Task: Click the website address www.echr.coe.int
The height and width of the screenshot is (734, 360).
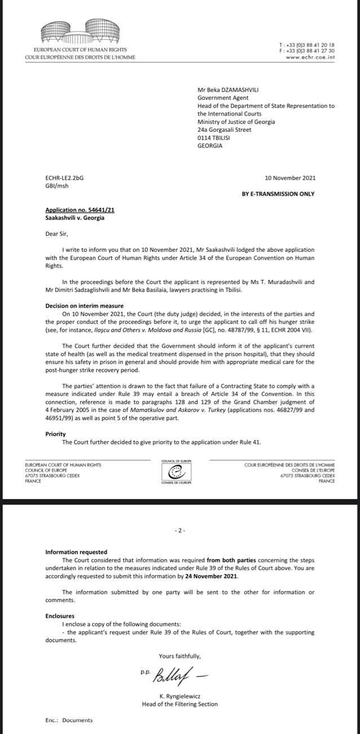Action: coord(310,57)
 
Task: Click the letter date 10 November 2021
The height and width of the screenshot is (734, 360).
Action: coord(290,178)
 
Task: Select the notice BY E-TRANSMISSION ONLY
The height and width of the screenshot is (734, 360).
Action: coord(278,194)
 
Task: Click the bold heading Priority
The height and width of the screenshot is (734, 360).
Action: coord(56,434)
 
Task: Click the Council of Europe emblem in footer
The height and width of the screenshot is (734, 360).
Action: coord(177,472)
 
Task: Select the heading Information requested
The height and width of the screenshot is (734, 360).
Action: coord(76,552)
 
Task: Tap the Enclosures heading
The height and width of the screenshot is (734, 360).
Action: coord(60,616)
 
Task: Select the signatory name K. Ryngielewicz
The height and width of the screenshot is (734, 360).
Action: coord(179,696)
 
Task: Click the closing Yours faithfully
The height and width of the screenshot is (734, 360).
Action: coord(179,656)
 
